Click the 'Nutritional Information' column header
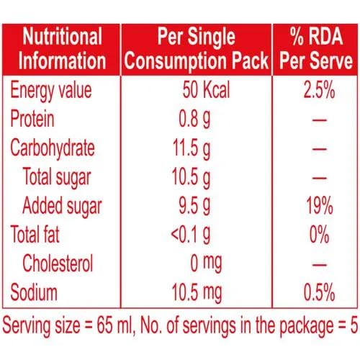point(62,48)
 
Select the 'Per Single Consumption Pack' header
point(197,49)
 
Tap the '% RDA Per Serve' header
point(316,48)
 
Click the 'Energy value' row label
point(51,91)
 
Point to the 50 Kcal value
point(206,89)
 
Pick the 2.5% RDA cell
point(319,90)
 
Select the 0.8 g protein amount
point(194,119)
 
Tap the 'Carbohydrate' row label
point(53,149)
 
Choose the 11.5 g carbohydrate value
point(192,149)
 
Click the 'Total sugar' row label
point(57,178)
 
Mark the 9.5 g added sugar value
point(194,206)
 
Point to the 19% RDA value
point(320,205)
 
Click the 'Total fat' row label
point(35,234)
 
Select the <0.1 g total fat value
point(191,235)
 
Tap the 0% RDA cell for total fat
point(319,234)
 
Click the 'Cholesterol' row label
point(58,264)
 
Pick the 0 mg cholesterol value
point(206,264)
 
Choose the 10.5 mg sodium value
point(197,292)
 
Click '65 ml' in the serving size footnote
point(114,325)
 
